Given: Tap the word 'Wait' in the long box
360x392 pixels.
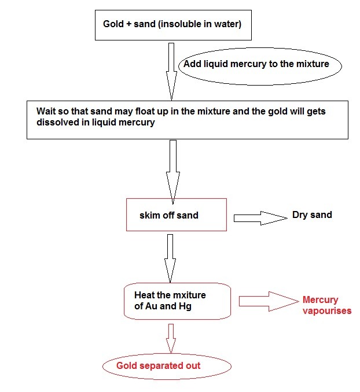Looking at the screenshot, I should pos(47,111).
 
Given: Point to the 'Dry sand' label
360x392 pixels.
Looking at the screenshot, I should pos(312,215).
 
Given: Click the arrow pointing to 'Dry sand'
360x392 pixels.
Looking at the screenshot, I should pos(260,217).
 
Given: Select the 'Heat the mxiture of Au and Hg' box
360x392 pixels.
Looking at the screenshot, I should pos(173,301).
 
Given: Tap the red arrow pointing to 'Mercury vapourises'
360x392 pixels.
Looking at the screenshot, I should pos(267,300).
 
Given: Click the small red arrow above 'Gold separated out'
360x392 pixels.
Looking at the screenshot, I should pos(170,338).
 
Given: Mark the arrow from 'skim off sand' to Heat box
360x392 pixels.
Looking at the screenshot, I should pos(170,257).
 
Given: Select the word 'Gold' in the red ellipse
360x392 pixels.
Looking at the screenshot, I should pos(127,366).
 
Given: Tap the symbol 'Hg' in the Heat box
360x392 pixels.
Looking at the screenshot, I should pos(185,306).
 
